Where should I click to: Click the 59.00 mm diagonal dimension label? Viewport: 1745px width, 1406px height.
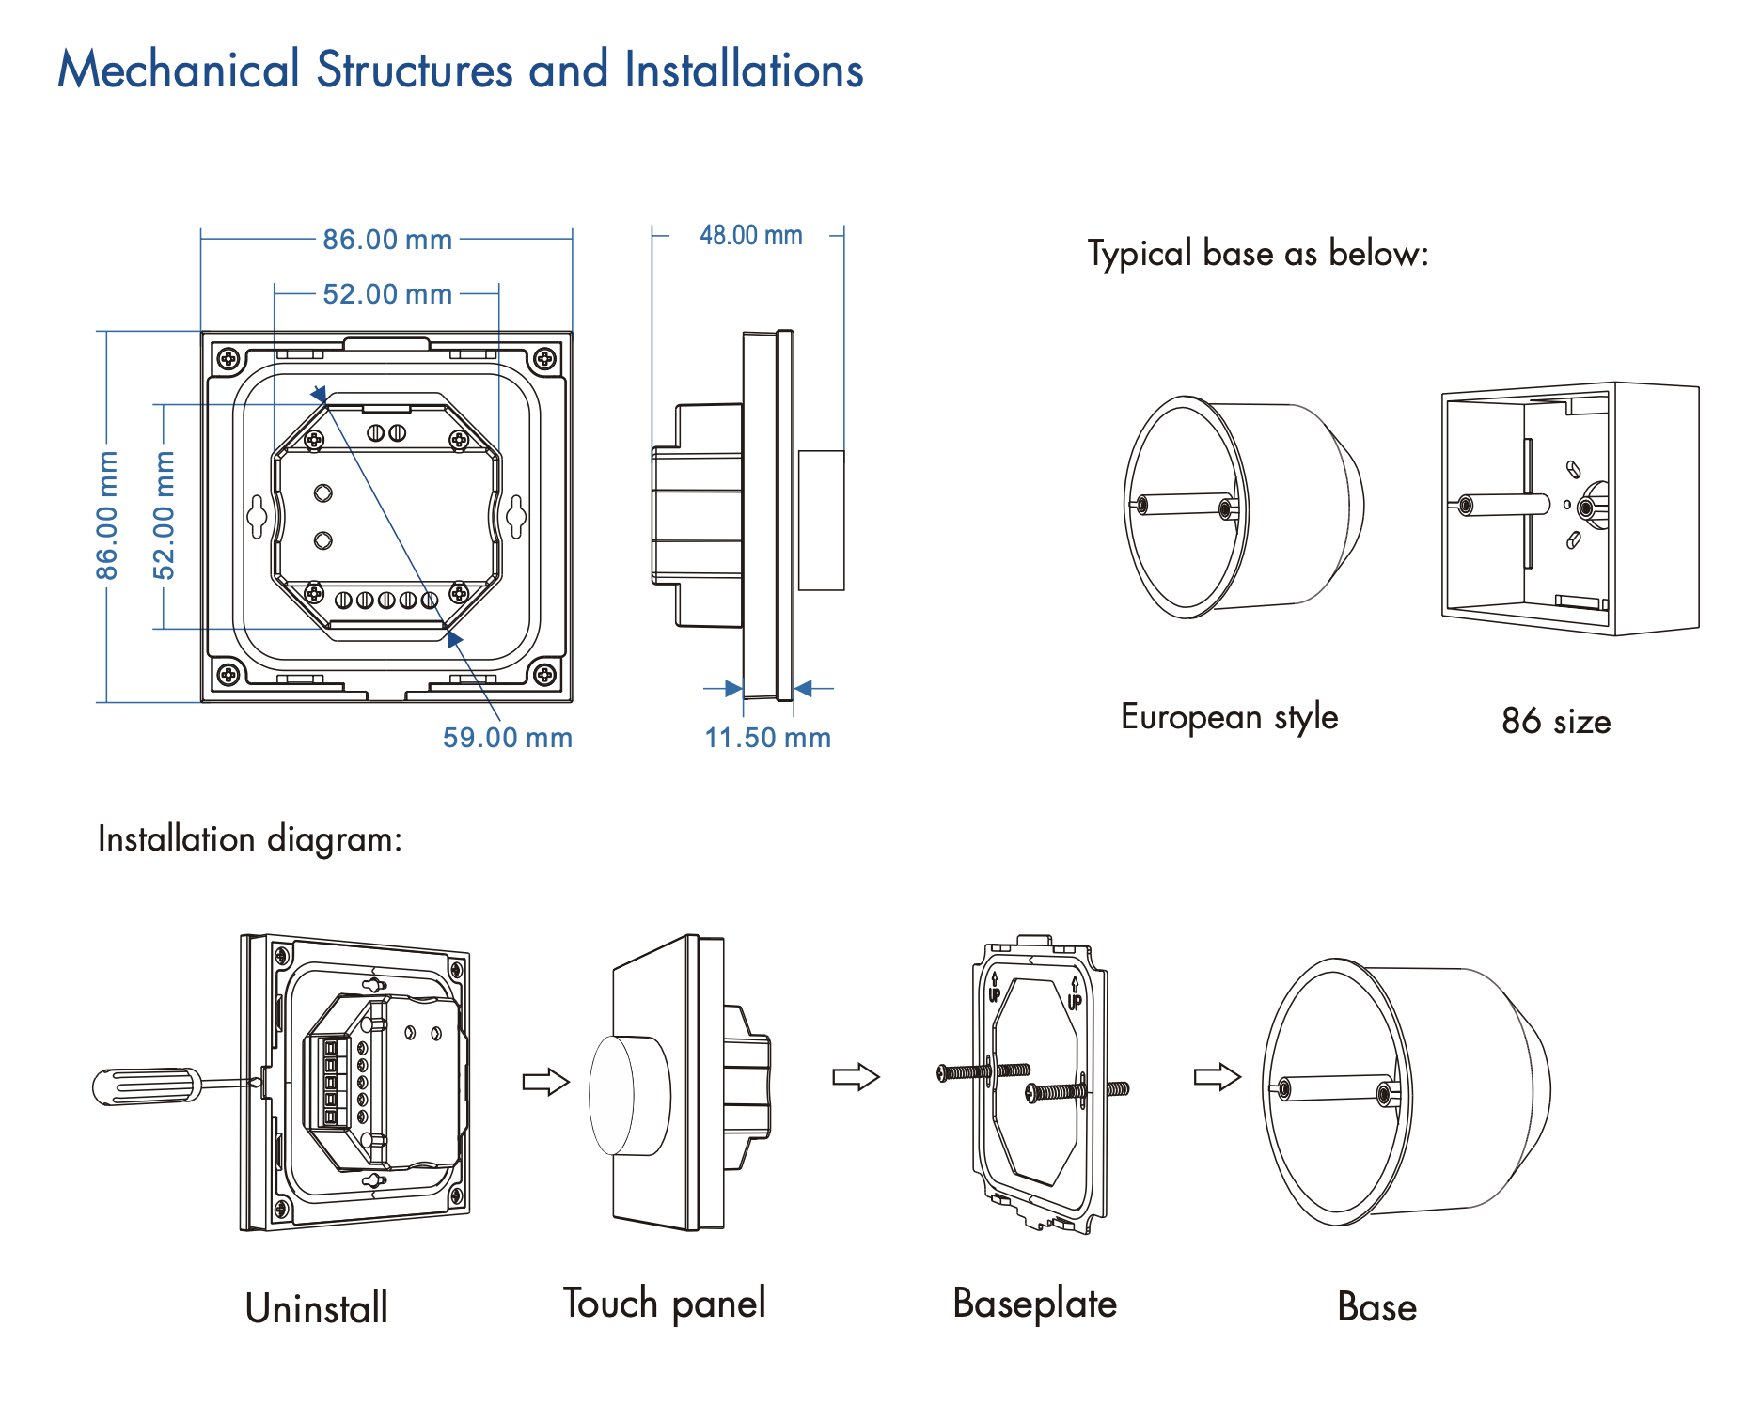[508, 738]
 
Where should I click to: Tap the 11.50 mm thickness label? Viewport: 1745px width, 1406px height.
[768, 738]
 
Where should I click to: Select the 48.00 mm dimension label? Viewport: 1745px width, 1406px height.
[750, 235]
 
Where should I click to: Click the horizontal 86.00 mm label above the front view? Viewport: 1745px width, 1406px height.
[387, 240]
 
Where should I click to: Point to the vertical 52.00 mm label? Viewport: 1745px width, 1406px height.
[165, 515]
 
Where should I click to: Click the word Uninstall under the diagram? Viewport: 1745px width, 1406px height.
[316, 1308]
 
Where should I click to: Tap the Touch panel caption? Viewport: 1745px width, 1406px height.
[664, 1304]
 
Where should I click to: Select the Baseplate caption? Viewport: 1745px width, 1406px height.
[1034, 1304]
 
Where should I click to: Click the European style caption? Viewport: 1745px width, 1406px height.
[1229, 717]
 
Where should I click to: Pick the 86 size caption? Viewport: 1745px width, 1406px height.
[1556, 722]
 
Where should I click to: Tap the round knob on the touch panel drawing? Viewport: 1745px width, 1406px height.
[628, 1095]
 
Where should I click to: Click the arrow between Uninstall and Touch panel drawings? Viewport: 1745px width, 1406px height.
[545, 1082]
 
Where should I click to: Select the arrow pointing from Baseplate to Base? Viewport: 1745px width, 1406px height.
[1217, 1076]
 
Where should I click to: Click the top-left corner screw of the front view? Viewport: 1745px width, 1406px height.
[228, 358]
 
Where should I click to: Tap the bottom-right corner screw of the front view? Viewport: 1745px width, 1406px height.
[544, 674]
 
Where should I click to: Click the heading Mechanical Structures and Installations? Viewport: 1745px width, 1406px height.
[461, 70]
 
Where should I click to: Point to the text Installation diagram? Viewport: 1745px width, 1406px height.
[250, 838]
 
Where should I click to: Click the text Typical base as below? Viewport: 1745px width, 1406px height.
[1258, 254]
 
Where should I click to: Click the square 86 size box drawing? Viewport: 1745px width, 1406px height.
[1570, 508]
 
